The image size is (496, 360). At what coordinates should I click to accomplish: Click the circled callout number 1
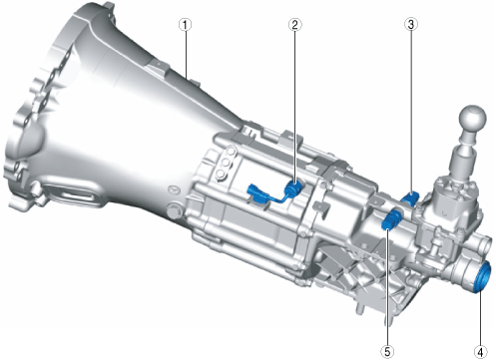click(x=186, y=25)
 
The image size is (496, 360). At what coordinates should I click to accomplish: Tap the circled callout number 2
click(x=295, y=25)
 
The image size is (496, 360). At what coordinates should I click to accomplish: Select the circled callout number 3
click(x=411, y=24)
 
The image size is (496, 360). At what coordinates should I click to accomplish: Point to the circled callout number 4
click(x=481, y=351)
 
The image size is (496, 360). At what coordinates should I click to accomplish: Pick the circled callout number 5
click(x=387, y=351)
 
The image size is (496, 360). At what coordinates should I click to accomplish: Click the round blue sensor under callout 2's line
click(x=292, y=189)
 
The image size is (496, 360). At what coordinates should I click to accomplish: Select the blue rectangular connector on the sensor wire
click(x=256, y=192)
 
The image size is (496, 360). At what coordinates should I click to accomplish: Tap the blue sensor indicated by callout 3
click(x=410, y=198)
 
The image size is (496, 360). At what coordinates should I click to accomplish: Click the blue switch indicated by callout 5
click(x=392, y=219)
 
